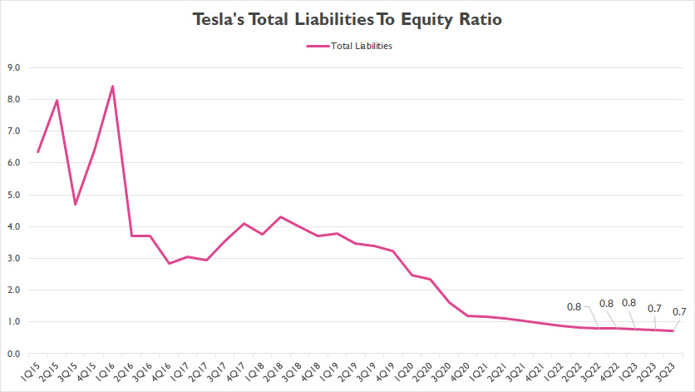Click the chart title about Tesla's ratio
[347, 17]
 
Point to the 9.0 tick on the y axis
[13, 68]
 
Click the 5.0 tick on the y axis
[13, 195]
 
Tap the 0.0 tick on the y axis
[13, 354]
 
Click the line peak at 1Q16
[112, 86]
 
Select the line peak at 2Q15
[57, 101]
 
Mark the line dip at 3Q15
[76, 205]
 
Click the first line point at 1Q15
[38, 152]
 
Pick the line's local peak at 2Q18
[280, 217]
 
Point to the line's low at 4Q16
[169, 264]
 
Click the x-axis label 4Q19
[392, 371]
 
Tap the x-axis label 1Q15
[37, 371]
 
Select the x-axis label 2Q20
[430, 371]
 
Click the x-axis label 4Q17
[243, 371]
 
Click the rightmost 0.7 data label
[678, 312]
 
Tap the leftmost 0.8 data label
[574, 306]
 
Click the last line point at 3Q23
[673, 331]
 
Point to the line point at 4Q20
[467, 315]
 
